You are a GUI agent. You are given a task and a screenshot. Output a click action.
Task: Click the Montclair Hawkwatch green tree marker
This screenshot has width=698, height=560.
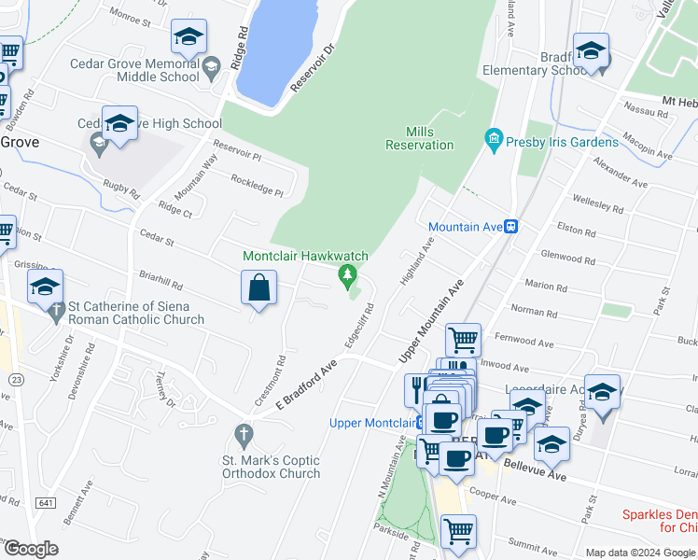click(x=348, y=274)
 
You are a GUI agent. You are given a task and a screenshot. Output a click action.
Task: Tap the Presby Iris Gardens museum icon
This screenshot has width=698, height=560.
click(x=494, y=142)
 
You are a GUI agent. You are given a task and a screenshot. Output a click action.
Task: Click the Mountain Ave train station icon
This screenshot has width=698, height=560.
click(x=511, y=227)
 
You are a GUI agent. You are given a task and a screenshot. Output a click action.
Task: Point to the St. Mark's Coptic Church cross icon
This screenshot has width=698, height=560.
click(x=244, y=434)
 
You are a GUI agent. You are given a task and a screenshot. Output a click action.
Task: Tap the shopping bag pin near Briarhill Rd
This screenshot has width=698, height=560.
click(x=258, y=288)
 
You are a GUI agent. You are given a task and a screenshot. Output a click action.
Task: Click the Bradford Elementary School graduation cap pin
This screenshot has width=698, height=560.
click(x=591, y=52)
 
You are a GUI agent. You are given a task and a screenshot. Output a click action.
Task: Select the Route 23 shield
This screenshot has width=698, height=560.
click(x=20, y=379)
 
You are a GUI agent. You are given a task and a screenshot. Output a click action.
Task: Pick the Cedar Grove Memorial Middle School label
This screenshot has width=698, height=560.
click(x=135, y=70)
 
